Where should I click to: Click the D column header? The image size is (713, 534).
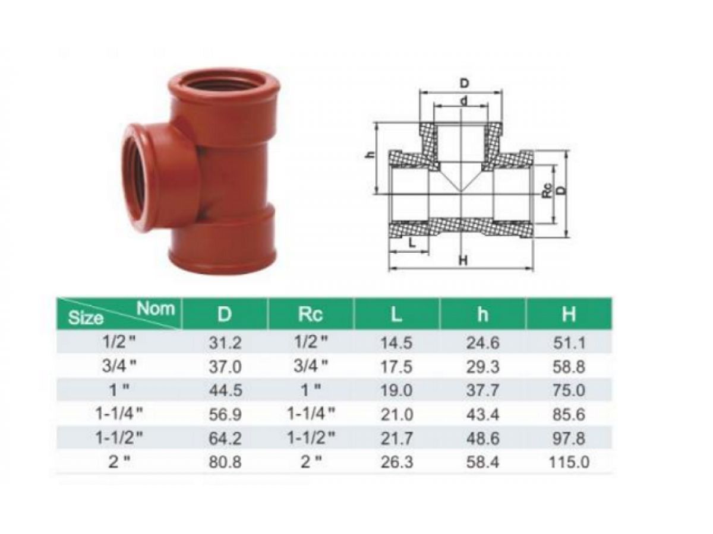(224, 314)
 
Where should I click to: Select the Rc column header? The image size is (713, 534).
(310, 314)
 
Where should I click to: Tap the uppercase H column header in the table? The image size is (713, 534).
(569, 314)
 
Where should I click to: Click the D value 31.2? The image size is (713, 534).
(225, 343)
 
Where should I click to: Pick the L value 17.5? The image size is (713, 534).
(396, 367)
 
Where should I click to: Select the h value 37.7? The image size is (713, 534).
(482, 390)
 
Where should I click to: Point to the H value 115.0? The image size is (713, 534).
(569, 462)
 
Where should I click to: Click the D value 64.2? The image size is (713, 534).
(225, 438)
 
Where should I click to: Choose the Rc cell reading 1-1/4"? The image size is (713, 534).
(311, 413)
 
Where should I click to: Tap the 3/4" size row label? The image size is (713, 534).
(119, 365)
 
